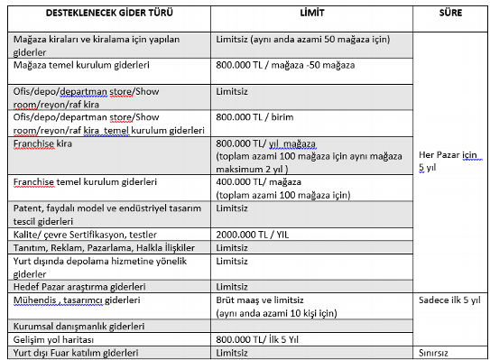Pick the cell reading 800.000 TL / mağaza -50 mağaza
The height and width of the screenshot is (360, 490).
tap(286, 67)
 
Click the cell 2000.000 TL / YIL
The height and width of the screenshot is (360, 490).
tap(257, 234)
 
